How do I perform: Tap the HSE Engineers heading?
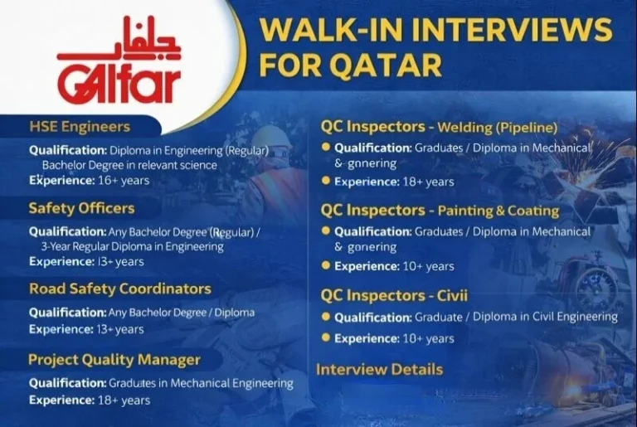pos(80,127)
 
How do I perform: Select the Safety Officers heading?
pos(81,208)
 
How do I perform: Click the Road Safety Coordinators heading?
pos(120,289)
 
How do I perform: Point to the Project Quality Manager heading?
pos(114,360)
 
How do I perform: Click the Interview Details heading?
pos(379,370)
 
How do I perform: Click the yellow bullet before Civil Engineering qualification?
pos(326,317)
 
